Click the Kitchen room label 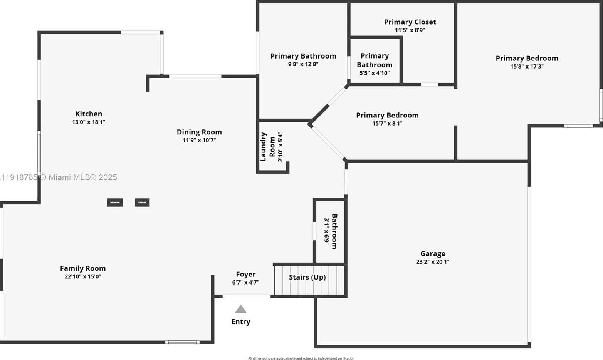point(89,114)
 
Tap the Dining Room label point(199,132)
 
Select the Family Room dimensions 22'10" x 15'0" point(83,276)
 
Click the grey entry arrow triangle point(241,309)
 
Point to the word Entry point(241,322)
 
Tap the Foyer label point(246,275)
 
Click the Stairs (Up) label point(307,277)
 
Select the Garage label point(433,254)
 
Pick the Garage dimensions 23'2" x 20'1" point(433,262)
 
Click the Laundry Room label point(268,147)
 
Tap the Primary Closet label point(410,22)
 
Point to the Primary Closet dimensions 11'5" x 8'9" point(410,30)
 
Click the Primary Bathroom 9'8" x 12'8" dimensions point(303,64)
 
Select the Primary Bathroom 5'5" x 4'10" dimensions point(375,73)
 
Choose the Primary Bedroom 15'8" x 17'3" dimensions point(527,67)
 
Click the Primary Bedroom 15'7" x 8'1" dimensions point(387,124)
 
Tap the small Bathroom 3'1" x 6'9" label point(334,231)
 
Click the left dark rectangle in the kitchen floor point(115,203)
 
